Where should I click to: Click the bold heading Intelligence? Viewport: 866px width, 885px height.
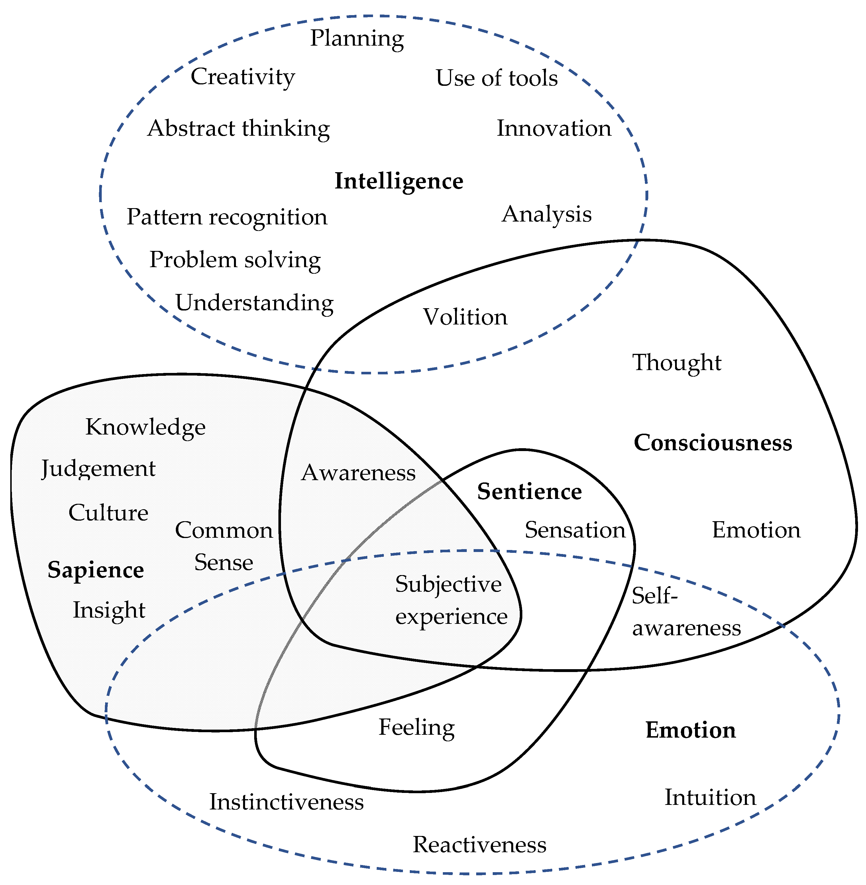399,181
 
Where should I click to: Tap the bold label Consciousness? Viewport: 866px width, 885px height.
713,443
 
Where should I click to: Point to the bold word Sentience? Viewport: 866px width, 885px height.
529,492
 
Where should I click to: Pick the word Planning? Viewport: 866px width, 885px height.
357,38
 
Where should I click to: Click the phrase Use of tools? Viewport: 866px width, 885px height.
497,78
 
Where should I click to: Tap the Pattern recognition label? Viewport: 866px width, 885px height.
227,217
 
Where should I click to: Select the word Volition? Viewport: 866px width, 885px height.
465,317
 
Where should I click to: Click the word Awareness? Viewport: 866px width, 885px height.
358,472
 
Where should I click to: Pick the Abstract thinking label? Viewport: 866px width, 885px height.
239,128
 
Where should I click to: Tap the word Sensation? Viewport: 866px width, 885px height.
575,530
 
